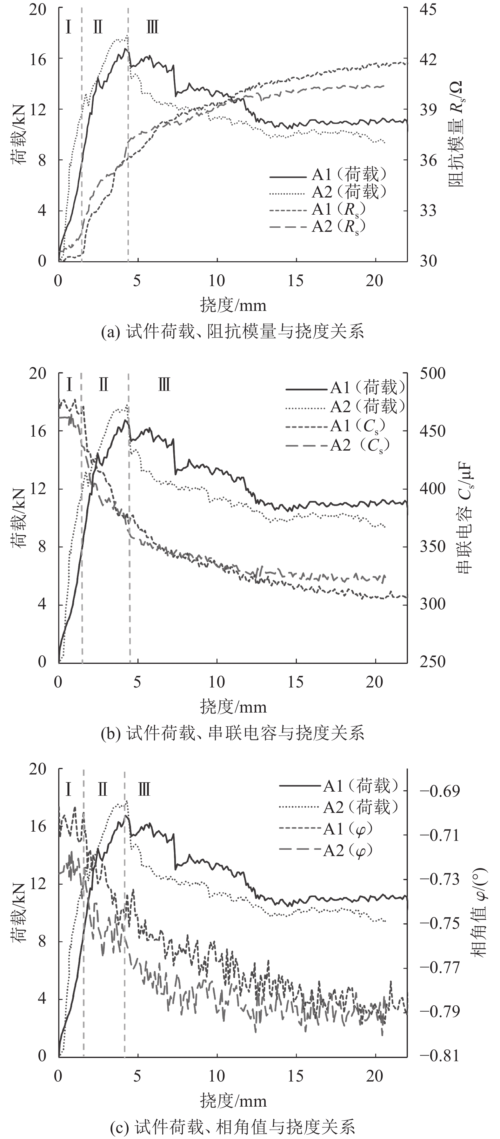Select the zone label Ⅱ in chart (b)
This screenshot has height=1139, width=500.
click(x=103, y=385)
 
